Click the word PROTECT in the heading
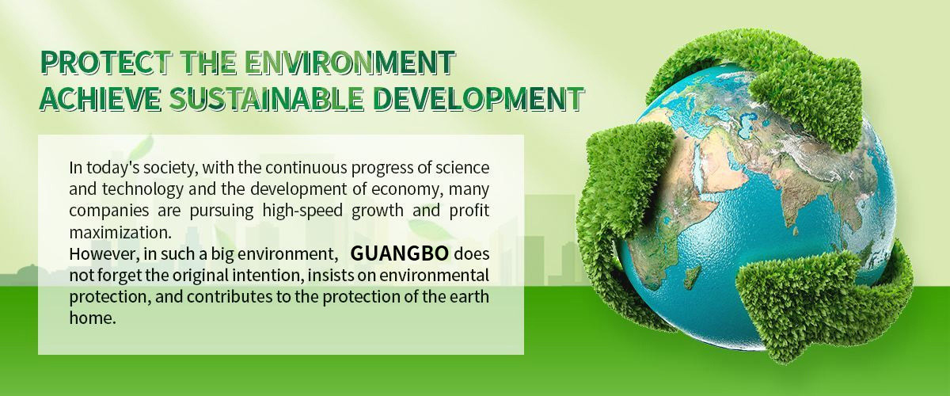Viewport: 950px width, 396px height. click(106, 63)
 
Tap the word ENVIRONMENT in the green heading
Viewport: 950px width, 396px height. click(349, 63)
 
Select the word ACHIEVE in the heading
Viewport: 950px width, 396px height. click(101, 98)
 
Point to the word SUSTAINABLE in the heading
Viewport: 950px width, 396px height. click(266, 98)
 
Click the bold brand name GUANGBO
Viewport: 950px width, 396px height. click(400, 253)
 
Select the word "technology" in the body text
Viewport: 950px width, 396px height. click(142, 190)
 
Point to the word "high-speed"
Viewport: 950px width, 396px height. click(302, 211)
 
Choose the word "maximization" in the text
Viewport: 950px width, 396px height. click(119, 233)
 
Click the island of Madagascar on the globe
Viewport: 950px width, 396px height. click(692, 277)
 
